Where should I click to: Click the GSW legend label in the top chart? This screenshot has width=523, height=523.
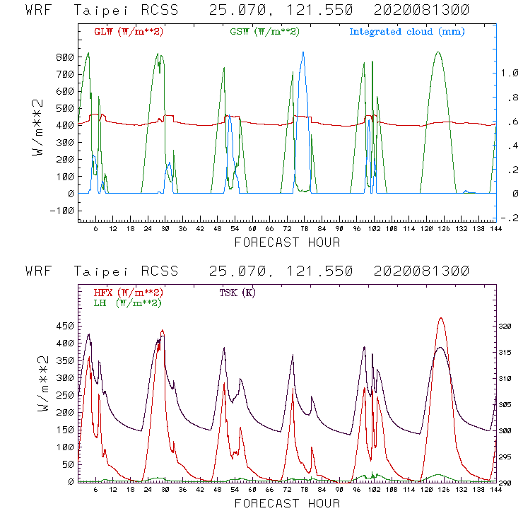coord(264,32)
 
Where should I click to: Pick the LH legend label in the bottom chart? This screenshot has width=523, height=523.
coord(128,302)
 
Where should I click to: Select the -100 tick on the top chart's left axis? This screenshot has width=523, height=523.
coord(62,211)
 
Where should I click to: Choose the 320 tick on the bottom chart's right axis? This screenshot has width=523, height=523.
coord(507,327)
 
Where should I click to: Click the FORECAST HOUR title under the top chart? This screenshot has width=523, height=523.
coord(287,242)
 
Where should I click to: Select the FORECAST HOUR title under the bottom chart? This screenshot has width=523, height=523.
coord(287,503)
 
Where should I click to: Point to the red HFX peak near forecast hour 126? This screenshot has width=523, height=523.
coord(441,318)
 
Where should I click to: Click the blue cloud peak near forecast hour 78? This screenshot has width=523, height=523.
coord(303,52)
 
